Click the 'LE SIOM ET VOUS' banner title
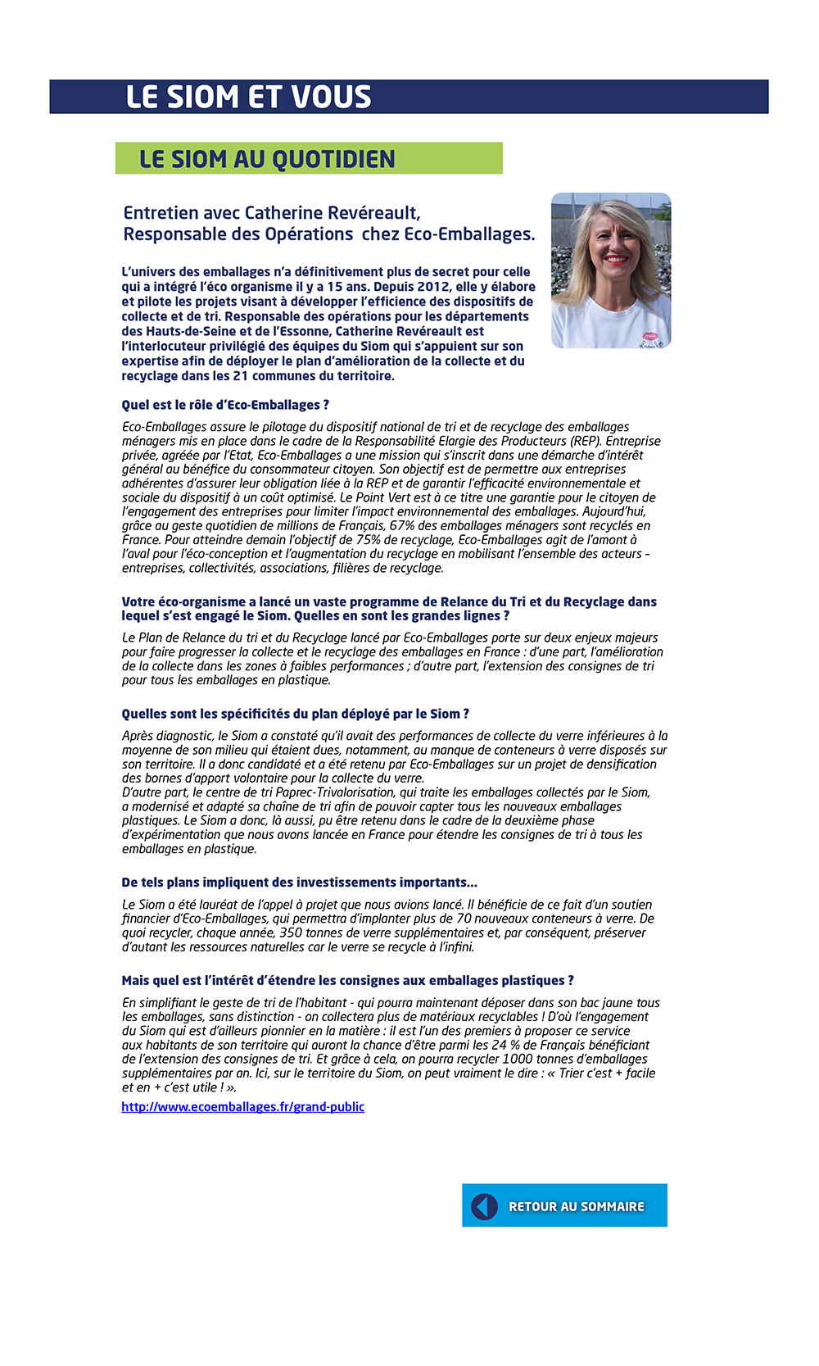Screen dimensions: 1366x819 pyautogui.click(x=248, y=97)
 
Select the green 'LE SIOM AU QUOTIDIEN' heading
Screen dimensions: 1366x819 pyautogui.click(x=267, y=159)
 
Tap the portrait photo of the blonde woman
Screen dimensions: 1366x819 pyautogui.click(x=611, y=270)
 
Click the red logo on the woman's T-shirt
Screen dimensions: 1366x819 pyautogui.click(x=649, y=336)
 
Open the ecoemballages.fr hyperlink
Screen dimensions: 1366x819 pyautogui.click(x=242, y=1107)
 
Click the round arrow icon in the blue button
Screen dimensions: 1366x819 pyautogui.click(x=484, y=1206)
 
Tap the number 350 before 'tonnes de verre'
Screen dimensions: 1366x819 pyautogui.click(x=291, y=933)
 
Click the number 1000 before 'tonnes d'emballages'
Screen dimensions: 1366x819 pyautogui.click(x=518, y=1060)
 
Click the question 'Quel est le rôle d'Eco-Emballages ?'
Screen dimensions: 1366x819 pyautogui.click(x=225, y=405)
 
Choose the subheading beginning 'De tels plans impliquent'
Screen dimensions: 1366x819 pyautogui.click(x=299, y=883)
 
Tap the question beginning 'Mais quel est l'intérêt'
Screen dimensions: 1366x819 pyautogui.click(x=347, y=981)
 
